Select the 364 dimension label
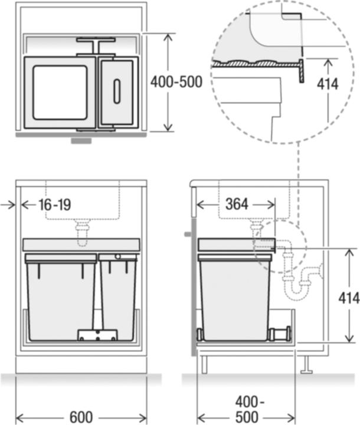[x=237, y=204]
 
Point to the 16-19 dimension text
[x=54, y=205]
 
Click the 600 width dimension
[x=81, y=417]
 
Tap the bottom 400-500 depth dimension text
[x=247, y=408]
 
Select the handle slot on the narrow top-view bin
[x=116, y=91]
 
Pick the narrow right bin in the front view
[x=118, y=298]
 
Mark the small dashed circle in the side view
[x=281, y=247]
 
